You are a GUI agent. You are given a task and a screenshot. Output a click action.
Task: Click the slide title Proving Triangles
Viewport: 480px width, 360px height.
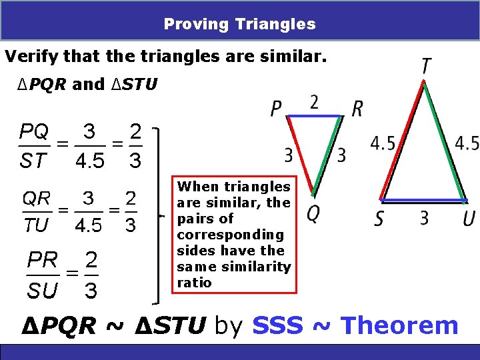(x=240, y=25)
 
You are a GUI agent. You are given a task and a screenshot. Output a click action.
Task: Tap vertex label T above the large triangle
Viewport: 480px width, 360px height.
(x=425, y=67)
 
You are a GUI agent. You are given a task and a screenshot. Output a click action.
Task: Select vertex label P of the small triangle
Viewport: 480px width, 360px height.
(x=277, y=109)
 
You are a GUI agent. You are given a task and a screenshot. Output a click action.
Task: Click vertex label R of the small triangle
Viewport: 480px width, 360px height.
(x=357, y=109)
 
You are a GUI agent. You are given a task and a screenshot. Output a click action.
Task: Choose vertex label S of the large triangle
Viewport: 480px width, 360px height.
(x=379, y=218)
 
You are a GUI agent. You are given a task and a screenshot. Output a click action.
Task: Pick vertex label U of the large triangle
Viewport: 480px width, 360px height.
(x=469, y=218)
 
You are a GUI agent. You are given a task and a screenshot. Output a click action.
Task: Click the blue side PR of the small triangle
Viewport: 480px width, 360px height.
(x=315, y=117)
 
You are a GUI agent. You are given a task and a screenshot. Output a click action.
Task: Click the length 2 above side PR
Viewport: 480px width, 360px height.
(x=314, y=102)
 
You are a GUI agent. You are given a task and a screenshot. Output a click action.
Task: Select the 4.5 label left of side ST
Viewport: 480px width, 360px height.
(x=383, y=143)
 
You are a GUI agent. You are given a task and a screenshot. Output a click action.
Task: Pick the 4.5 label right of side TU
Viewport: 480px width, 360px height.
(x=467, y=143)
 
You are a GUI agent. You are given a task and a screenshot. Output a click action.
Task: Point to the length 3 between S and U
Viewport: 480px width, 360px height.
(x=424, y=217)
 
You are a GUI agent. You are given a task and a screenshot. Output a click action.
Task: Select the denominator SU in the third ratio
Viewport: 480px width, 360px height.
(x=42, y=290)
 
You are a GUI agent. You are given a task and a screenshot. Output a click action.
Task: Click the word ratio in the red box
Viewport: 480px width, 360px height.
(x=194, y=283)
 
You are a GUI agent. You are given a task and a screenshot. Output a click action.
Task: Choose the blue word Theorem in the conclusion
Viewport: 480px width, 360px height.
(x=399, y=326)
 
